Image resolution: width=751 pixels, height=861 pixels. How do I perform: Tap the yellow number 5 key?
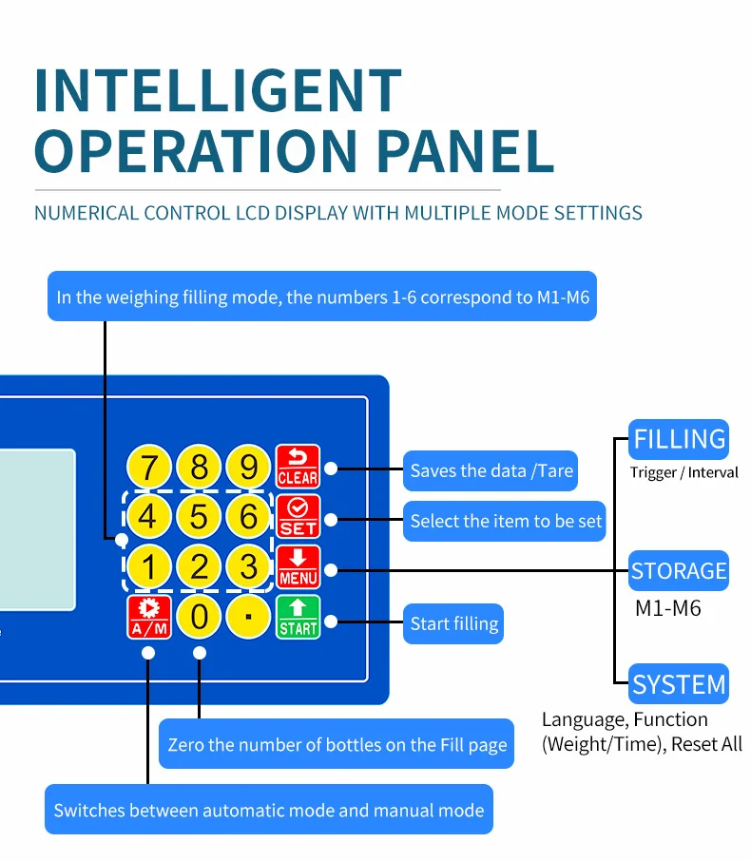click(x=199, y=516)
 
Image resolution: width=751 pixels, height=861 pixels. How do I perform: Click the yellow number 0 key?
click(x=199, y=617)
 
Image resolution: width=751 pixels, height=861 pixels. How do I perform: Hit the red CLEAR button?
click(x=298, y=467)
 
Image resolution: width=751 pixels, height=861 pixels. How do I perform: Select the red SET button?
click(x=298, y=517)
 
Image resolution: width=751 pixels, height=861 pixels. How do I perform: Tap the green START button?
click(x=298, y=617)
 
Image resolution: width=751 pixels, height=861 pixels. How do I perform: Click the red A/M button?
click(x=149, y=617)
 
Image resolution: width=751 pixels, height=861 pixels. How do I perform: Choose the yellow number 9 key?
click(x=248, y=467)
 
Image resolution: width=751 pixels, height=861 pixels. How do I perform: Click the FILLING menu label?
click(x=679, y=439)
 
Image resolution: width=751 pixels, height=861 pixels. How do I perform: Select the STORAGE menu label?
click(x=679, y=570)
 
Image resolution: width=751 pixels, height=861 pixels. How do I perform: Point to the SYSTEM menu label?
click(x=679, y=683)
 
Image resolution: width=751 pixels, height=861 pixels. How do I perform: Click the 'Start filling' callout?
click(x=453, y=623)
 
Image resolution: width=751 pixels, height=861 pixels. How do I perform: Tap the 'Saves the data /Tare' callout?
click(x=491, y=470)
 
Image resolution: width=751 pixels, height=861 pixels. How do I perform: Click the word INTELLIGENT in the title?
click(x=218, y=90)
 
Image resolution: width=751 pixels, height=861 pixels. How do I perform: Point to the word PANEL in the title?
click(x=466, y=150)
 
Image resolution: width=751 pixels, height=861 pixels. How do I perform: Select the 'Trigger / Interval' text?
click(x=684, y=472)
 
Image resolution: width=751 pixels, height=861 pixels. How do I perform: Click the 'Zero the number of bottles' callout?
click(x=337, y=744)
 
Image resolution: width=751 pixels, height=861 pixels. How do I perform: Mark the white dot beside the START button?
click(x=331, y=622)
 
